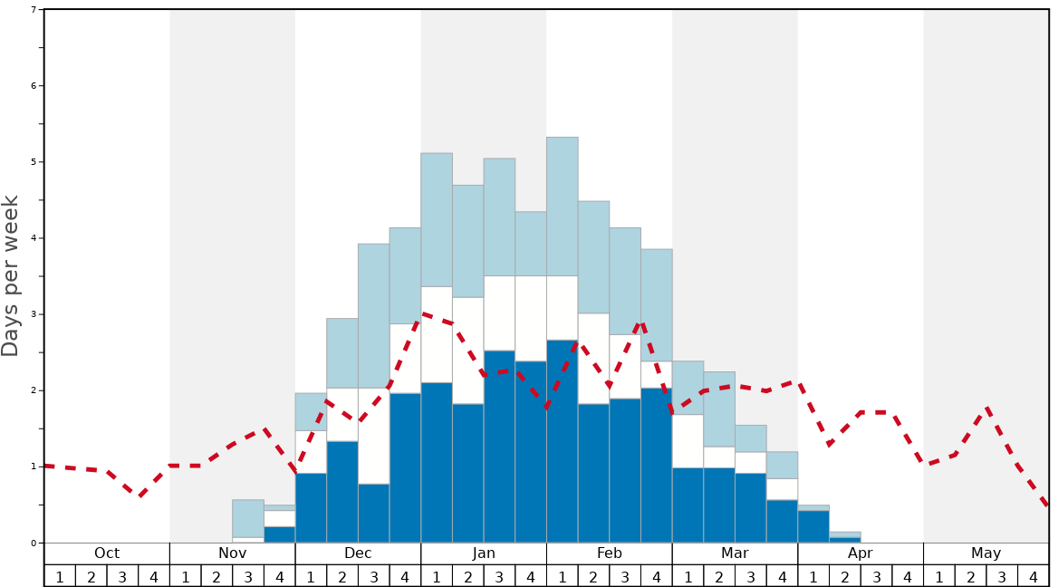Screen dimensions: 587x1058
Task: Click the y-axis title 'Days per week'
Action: (x=11, y=275)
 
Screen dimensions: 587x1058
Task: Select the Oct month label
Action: (x=107, y=553)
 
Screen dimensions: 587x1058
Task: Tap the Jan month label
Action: (x=484, y=553)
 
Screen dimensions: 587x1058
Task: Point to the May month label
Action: (x=986, y=553)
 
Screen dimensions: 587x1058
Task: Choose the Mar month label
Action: (x=735, y=553)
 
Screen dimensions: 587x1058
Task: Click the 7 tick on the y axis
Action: (x=34, y=10)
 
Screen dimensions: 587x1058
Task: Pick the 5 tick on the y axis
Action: (x=34, y=162)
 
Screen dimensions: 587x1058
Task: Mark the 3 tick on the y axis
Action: (x=34, y=314)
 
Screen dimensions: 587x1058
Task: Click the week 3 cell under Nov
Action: (x=248, y=576)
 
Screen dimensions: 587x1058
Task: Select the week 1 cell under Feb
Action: (x=562, y=576)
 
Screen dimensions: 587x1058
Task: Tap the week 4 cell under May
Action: (x=1034, y=576)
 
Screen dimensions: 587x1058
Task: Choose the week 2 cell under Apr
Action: (x=845, y=576)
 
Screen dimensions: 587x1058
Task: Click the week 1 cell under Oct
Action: (x=60, y=576)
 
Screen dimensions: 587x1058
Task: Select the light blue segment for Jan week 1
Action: (x=437, y=220)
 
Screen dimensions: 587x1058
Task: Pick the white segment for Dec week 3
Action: (x=373, y=436)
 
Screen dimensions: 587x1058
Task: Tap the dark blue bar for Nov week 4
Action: (x=279, y=534)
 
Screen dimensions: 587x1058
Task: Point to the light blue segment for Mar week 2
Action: (x=719, y=409)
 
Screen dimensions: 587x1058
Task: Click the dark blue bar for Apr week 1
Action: (x=813, y=526)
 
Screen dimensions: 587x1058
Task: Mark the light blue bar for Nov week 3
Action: (x=248, y=518)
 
